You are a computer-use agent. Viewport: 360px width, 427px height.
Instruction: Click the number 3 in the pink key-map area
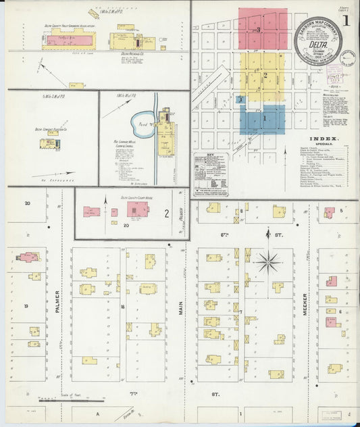(x=259, y=30)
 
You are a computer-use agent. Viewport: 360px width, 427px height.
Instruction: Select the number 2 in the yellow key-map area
(x=265, y=74)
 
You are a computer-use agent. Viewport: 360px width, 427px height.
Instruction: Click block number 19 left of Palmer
(x=26, y=306)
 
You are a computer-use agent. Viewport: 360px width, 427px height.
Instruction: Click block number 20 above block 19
(x=27, y=203)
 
